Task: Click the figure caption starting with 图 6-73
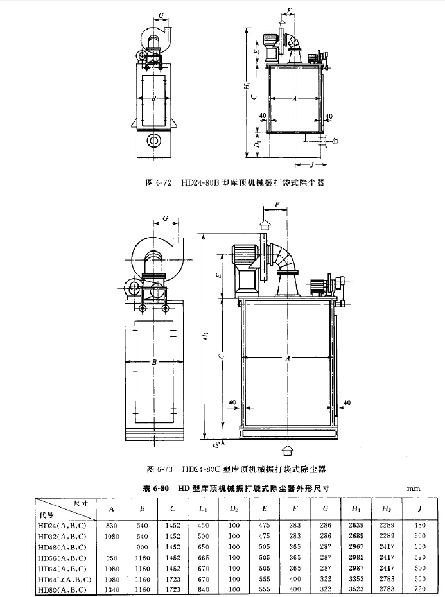pos(236,469)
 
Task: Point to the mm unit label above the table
pos(413,489)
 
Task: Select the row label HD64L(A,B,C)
pos(65,580)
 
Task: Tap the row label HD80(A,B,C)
pos(63,589)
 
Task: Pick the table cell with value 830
pos(112,525)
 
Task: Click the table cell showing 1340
pos(112,589)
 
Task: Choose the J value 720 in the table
pos(421,589)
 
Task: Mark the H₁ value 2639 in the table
pos(356,525)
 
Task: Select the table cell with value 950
pos(112,558)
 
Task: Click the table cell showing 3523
pos(356,589)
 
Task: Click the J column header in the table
pos(421,510)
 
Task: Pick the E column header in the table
pos(265,510)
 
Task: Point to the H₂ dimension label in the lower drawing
pos(205,335)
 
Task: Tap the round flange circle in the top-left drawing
pos(154,140)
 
